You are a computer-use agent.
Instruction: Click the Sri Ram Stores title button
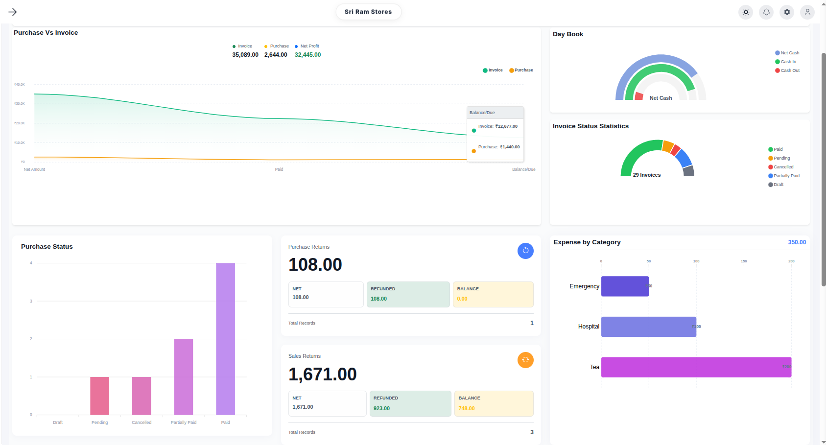(x=368, y=12)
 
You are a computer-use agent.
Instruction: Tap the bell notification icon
(x=766, y=12)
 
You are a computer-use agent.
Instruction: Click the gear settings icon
(x=787, y=12)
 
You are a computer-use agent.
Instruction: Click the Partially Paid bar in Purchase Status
(x=184, y=376)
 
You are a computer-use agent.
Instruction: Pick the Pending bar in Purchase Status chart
(x=99, y=396)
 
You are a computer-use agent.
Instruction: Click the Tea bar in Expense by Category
(x=696, y=367)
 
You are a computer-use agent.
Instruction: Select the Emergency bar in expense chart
(x=625, y=286)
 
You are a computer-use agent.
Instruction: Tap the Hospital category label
(x=589, y=327)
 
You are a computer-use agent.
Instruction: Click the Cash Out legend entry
(x=789, y=70)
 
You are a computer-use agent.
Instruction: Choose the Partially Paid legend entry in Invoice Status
(x=786, y=176)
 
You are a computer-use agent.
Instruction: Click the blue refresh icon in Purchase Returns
(x=525, y=251)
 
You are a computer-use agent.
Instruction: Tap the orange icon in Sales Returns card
(x=525, y=360)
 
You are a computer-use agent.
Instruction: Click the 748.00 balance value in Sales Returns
(x=467, y=408)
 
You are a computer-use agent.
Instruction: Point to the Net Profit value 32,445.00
(x=307, y=55)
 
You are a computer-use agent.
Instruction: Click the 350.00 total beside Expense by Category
(x=797, y=242)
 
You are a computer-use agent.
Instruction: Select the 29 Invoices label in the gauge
(x=646, y=175)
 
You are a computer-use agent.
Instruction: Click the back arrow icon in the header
(x=13, y=12)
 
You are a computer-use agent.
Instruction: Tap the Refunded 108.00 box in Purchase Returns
(x=408, y=294)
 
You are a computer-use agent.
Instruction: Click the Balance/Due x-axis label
(x=523, y=169)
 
